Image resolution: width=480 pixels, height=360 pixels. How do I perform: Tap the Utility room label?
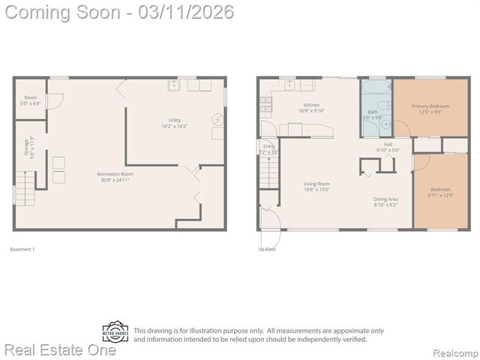174,123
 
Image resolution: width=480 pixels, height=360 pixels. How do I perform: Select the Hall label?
388,147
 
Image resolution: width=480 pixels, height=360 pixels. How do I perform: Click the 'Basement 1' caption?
22,249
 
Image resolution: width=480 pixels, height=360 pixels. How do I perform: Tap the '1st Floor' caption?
266,249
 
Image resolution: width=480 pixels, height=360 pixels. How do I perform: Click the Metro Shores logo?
115,332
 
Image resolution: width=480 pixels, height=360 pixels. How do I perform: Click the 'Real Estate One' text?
60,349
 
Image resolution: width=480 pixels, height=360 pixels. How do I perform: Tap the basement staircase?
25,187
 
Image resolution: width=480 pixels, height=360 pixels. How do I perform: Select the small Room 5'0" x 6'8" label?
30,100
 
